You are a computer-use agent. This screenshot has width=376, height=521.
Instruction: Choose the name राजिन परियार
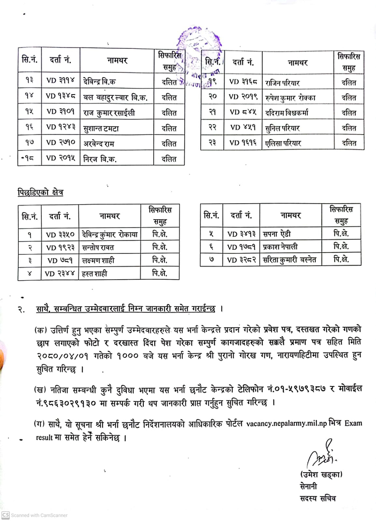coord(282,82)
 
